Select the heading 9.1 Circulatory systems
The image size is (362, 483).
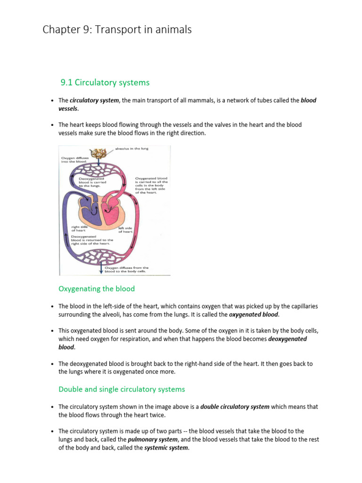coord(105,83)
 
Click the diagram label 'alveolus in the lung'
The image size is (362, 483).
coord(132,149)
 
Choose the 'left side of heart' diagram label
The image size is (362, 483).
coord(125,230)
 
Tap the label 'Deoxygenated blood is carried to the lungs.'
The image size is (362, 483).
coord(84,183)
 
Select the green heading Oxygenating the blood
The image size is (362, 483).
coord(97,289)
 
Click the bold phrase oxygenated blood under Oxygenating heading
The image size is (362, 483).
coord(254,315)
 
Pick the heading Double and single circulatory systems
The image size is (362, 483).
coord(122,389)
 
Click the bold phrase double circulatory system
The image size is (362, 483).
coord(235,407)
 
